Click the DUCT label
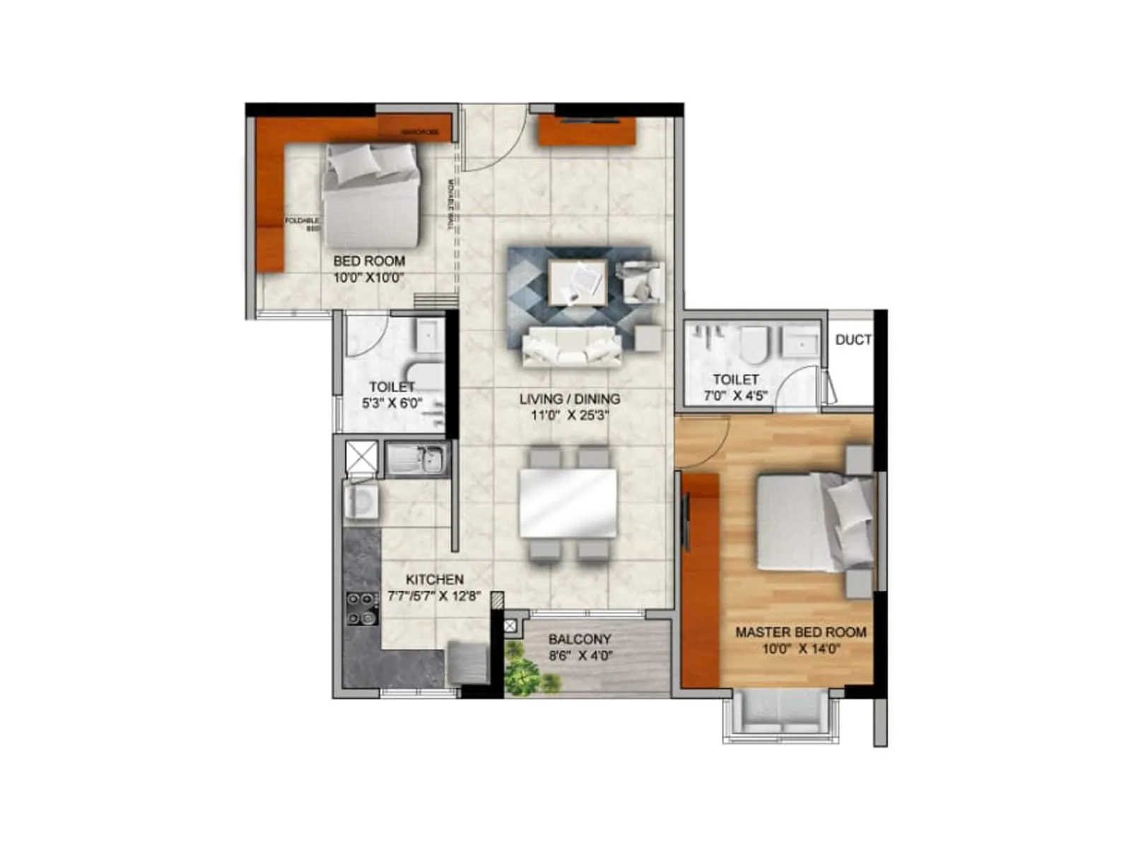click(x=852, y=340)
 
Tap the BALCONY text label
click(x=579, y=640)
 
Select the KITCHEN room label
click(x=434, y=579)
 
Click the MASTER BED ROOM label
click(x=800, y=632)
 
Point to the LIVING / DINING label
click(x=570, y=399)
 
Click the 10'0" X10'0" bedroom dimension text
click(x=368, y=278)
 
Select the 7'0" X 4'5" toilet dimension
click(x=735, y=396)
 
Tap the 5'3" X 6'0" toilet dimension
click(x=392, y=404)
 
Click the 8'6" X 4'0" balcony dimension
click(x=580, y=656)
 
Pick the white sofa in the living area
click(x=571, y=346)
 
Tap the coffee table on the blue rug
click(x=578, y=282)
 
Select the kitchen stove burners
click(x=362, y=608)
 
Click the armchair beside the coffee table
click(x=640, y=281)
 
